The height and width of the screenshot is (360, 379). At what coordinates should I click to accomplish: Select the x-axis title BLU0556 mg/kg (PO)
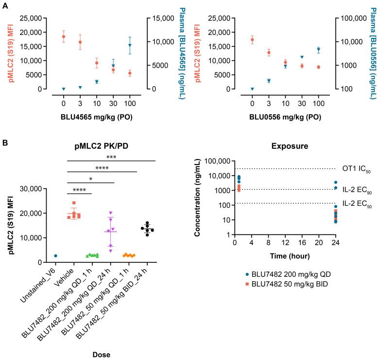coord(285,117)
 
